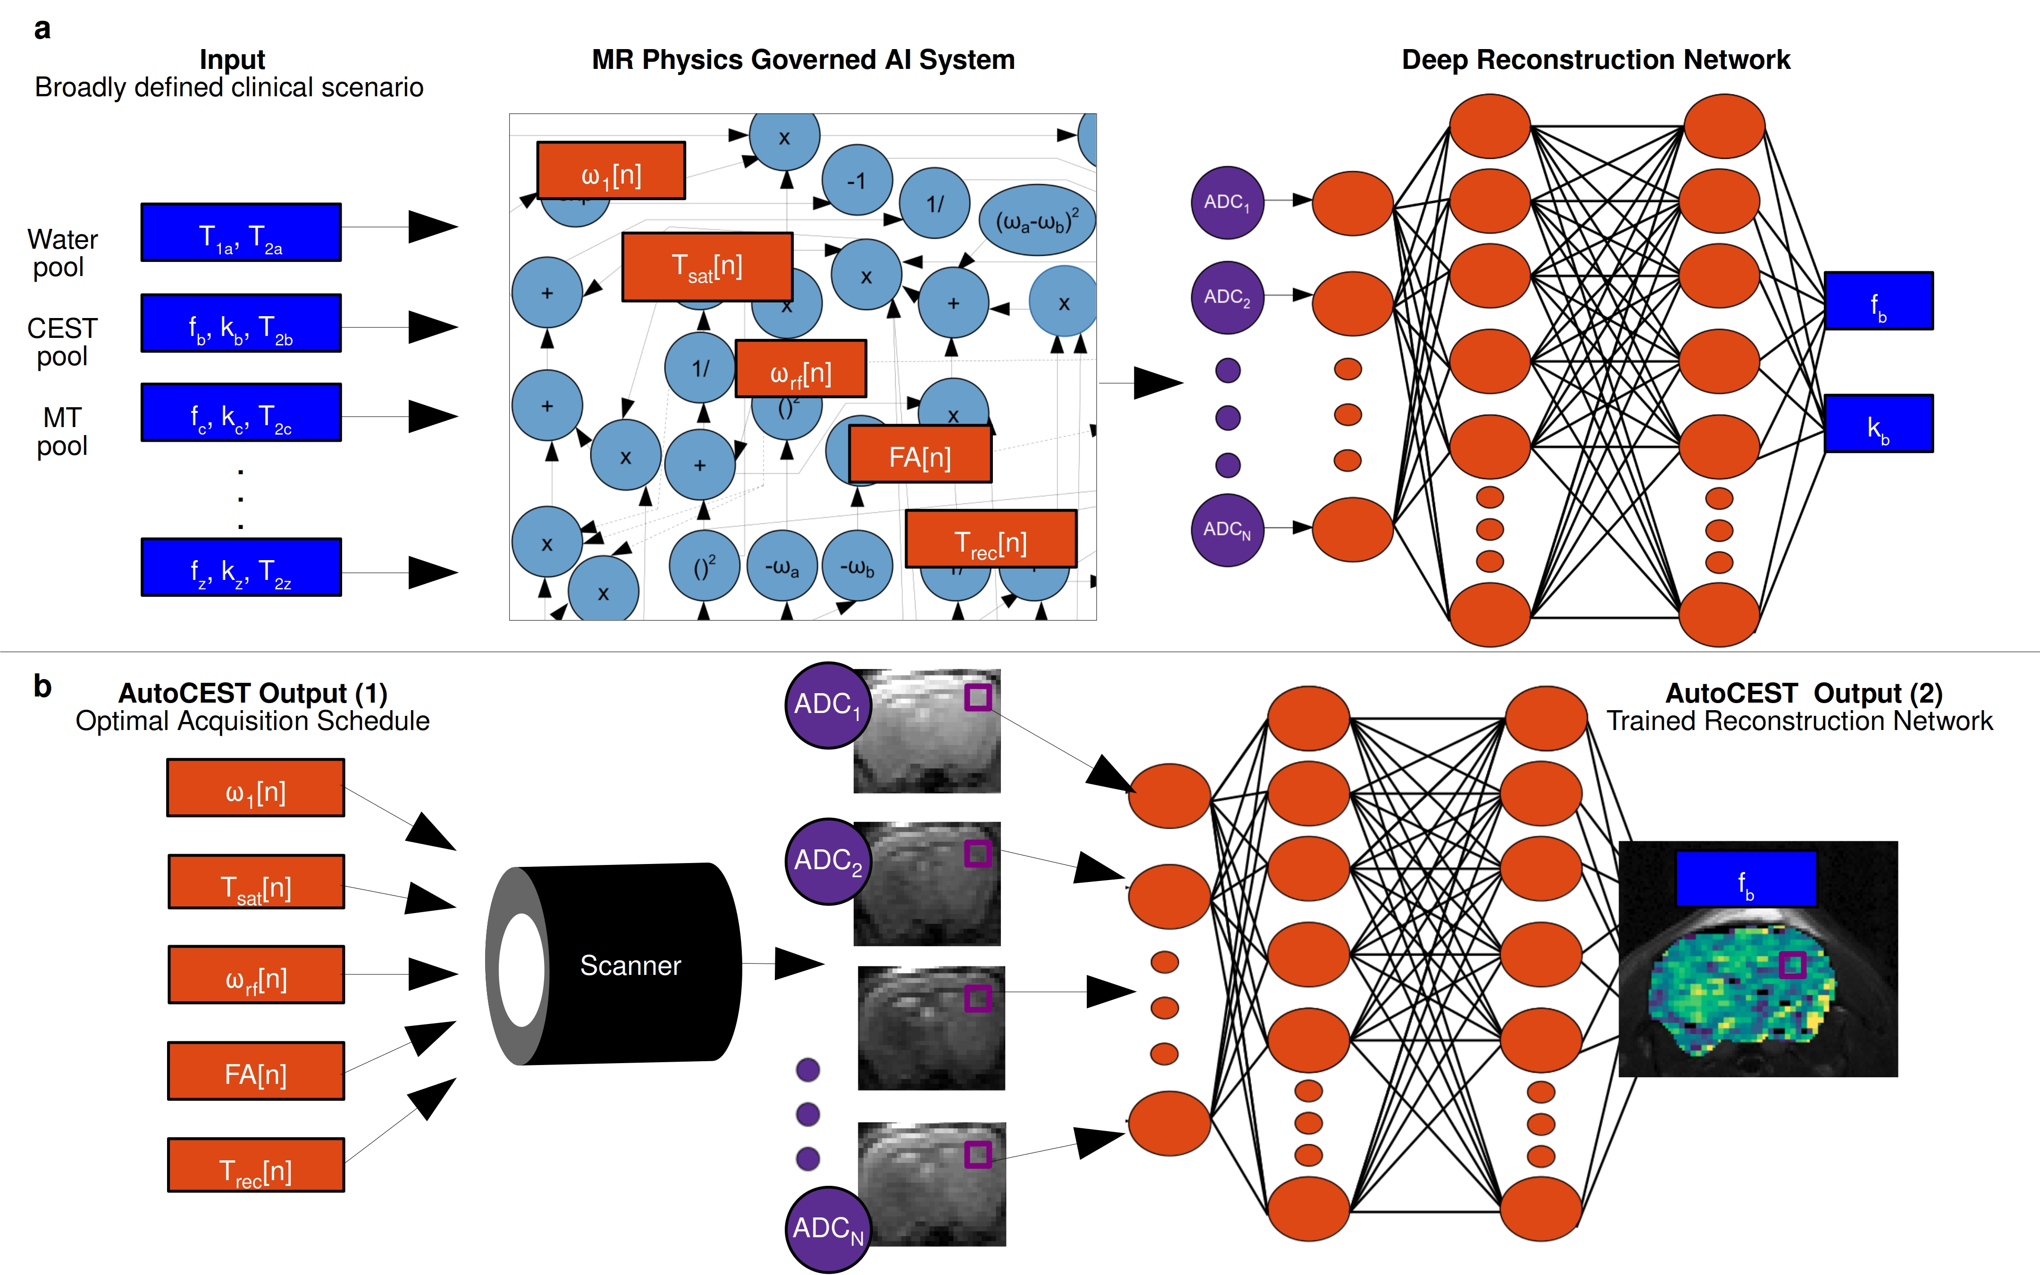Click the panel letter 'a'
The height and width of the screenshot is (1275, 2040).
click(x=42, y=30)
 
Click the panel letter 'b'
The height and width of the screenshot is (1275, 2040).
click(x=42, y=687)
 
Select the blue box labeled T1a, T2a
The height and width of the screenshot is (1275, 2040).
click(x=241, y=233)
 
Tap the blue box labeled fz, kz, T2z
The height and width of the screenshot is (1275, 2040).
click(x=241, y=568)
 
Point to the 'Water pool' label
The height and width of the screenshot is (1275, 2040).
click(x=61, y=253)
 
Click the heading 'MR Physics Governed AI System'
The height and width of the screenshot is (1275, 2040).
click(x=803, y=60)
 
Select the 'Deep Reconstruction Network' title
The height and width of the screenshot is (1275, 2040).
click(x=1595, y=60)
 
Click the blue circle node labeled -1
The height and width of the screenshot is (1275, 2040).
click(x=857, y=180)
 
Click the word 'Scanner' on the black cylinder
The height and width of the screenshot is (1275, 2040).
click(x=630, y=965)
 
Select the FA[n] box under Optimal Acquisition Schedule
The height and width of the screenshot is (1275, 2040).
click(x=255, y=1072)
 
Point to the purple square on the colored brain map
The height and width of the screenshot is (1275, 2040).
click(x=1793, y=965)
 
